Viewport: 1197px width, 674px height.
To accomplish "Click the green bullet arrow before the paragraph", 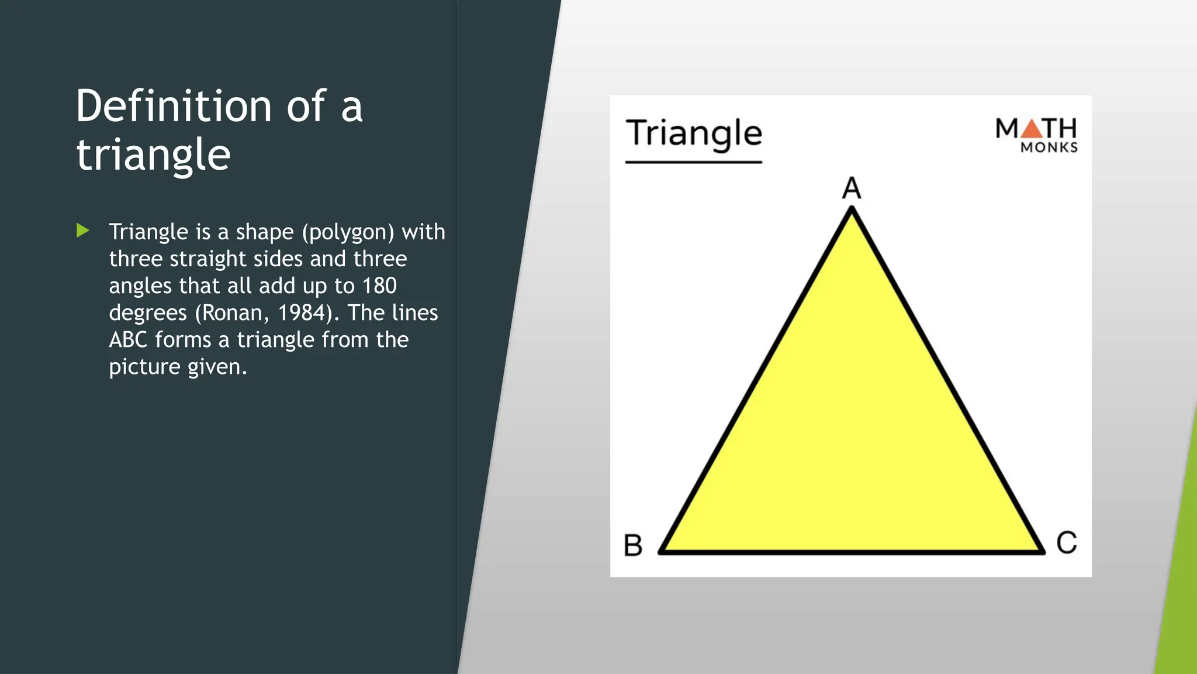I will (83, 231).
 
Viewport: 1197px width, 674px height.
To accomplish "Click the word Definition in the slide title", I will (174, 106).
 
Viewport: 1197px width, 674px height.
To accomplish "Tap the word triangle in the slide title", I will (153, 154).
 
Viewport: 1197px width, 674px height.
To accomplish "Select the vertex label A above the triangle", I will (852, 188).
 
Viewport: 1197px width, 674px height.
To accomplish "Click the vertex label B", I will (633, 545).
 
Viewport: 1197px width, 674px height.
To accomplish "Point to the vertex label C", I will (1066, 542).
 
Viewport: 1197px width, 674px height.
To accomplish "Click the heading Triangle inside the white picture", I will (694, 133).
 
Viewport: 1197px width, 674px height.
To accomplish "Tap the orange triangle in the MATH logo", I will (1032, 129).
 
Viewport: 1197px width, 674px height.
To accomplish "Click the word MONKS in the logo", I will (1049, 147).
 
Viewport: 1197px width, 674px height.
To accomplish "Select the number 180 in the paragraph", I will (379, 286).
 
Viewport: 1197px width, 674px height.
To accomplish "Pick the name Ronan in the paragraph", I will (232, 312).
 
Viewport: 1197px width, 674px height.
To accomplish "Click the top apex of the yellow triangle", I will (852, 212).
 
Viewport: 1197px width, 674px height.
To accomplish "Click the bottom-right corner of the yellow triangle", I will (1042, 551).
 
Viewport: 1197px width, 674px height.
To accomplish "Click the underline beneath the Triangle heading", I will (694, 161).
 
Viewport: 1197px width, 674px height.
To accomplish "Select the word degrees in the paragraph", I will (148, 313).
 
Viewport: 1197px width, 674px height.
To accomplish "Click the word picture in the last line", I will (144, 367).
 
